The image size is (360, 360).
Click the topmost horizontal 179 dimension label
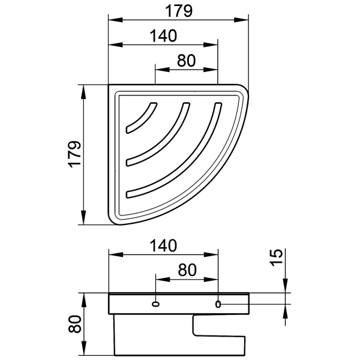(178, 11)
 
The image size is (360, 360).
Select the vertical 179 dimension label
(75, 154)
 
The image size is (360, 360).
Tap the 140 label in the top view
(163, 36)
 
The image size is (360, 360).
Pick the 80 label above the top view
(186, 61)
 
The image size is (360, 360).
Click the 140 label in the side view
(163, 245)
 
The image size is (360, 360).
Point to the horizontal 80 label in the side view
(187, 270)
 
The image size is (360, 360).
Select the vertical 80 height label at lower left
(75, 324)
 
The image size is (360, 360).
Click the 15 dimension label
(276, 257)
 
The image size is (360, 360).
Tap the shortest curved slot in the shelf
(140, 118)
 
